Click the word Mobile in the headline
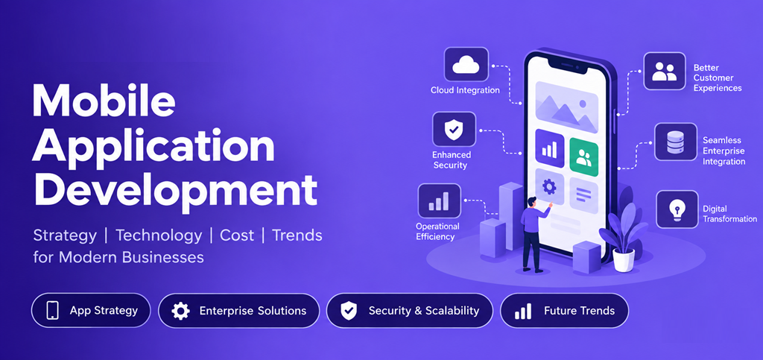pos(104,100)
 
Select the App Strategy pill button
pos(91,310)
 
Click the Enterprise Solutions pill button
pos(239,310)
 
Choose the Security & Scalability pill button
pos(410,310)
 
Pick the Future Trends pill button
pos(565,310)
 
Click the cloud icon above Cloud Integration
pos(466,64)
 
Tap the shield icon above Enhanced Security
pos(454,129)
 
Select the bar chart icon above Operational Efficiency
pos(439,200)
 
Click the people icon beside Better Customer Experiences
pos(665,71)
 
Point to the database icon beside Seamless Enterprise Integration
pos(675,142)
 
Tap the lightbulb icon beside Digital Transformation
pos(677,209)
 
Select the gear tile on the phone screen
pos(549,186)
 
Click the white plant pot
pos(624,260)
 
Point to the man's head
pos(531,201)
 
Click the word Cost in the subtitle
pos(237,236)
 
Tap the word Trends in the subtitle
pos(297,236)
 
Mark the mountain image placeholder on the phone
pos(566,107)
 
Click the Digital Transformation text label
pos(729,214)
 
